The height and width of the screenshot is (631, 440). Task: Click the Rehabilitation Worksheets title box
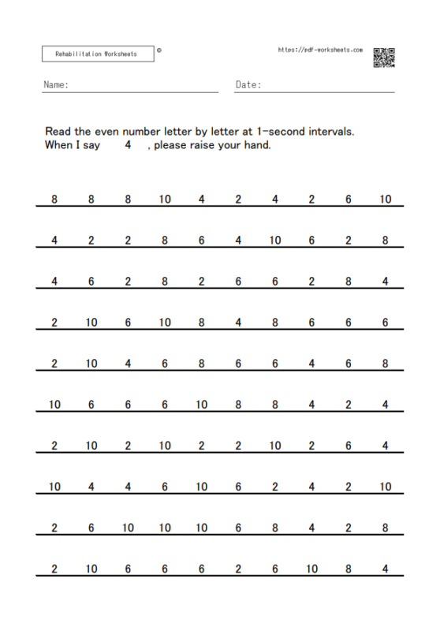95,54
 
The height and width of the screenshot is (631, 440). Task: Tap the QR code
383,57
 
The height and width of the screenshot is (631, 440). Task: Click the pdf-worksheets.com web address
320,50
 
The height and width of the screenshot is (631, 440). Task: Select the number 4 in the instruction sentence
127,145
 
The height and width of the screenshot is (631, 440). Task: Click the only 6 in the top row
349,200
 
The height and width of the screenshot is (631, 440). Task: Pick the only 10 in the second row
274,241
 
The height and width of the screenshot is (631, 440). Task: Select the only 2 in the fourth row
54,323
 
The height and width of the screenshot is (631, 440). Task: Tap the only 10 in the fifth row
91,364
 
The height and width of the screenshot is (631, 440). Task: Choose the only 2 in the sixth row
349,405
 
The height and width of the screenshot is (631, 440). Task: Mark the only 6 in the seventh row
349,446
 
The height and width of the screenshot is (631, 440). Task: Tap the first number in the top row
54,200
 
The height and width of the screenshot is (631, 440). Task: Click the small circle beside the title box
160,50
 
